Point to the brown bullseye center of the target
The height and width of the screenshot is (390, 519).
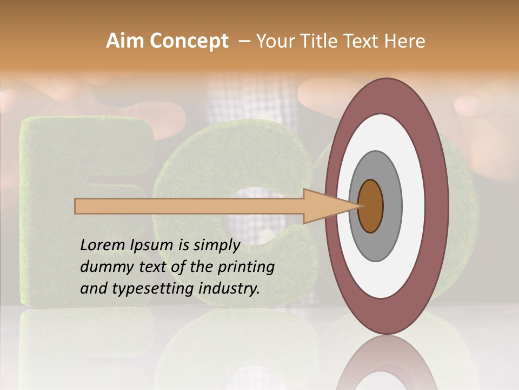click(x=371, y=206)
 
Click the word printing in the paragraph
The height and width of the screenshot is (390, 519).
click(x=245, y=268)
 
